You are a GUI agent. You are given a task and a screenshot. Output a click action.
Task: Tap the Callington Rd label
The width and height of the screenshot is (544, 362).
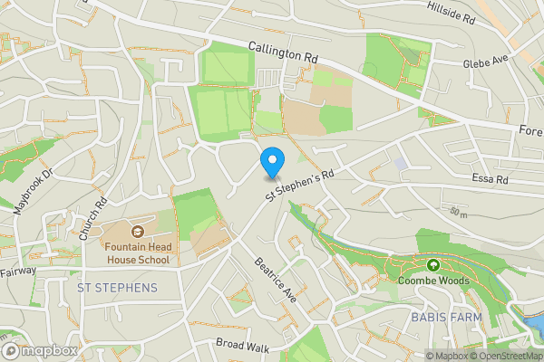tap(284, 54)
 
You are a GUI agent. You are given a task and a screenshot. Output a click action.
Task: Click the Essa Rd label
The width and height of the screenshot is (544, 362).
tap(490, 181)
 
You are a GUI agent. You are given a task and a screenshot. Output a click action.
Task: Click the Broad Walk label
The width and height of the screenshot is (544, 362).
tap(243, 346)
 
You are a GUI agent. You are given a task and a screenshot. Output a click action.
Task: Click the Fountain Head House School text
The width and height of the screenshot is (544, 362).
tap(137, 253)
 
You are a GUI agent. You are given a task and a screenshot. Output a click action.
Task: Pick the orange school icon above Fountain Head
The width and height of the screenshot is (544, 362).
tap(137, 232)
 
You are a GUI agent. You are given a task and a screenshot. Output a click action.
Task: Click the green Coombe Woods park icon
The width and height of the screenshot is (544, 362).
tap(433, 266)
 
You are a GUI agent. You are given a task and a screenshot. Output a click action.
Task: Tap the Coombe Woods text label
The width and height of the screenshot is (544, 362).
tap(433, 281)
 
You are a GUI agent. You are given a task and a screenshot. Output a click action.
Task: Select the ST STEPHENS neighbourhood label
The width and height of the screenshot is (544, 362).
tap(117, 288)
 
